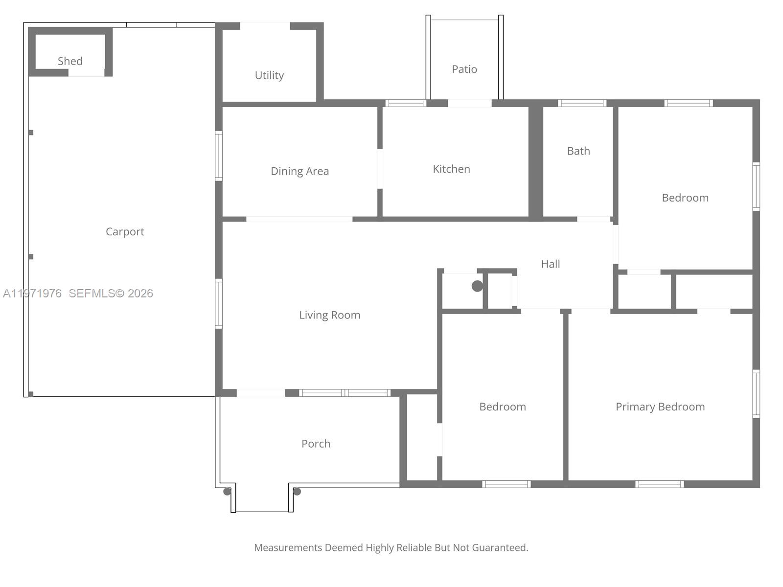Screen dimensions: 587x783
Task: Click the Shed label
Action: [x=70, y=61]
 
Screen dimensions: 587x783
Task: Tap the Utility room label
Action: [x=269, y=75]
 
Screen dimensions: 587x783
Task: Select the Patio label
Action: [x=464, y=69]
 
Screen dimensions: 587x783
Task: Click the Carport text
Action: [x=125, y=231]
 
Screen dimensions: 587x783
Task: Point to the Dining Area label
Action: [x=299, y=171]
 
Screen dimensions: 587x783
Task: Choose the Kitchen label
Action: [x=451, y=169]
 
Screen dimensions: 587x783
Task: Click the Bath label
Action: [x=578, y=151]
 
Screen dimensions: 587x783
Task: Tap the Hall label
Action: [x=550, y=264]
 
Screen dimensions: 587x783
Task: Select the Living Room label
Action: [x=329, y=315]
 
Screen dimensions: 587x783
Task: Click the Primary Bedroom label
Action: [x=660, y=407]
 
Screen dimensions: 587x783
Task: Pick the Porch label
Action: [x=316, y=444]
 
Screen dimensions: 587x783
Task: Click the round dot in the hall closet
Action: [x=477, y=286]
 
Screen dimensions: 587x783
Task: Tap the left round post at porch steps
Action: [x=227, y=492]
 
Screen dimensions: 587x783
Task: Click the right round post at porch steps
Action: [x=297, y=492]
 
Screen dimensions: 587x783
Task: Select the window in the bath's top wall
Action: [x=582, y=103]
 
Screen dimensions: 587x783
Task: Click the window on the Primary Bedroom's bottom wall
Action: [x=659, y=484]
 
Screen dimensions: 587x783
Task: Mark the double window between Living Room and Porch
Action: [x=345, y=393]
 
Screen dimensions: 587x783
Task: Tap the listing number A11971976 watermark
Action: [x=32, y=293]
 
